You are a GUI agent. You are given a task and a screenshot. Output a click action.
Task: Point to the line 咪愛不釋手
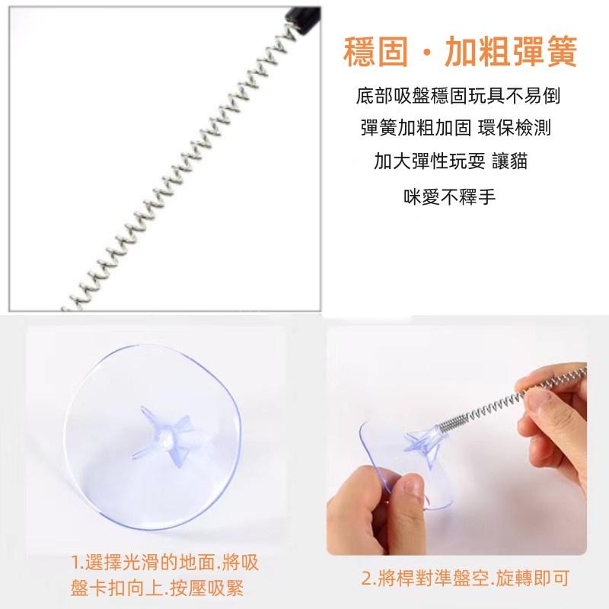tap(449, 196)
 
